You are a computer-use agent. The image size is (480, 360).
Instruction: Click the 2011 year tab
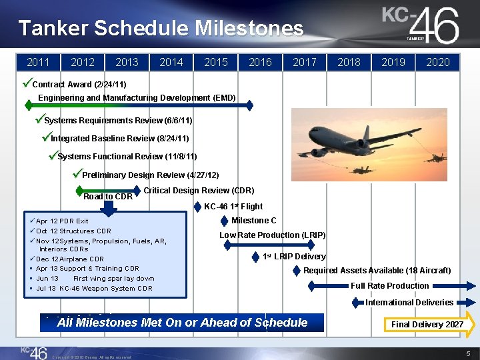click(x=38, y=62)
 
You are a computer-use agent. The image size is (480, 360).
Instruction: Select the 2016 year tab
click(x=260, y=62)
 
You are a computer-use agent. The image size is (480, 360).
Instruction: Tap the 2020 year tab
click(x=437, y=62)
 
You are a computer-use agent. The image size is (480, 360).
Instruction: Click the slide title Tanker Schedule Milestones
click(x=161, y=28)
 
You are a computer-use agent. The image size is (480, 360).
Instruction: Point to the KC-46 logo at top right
click(x=421, y=25)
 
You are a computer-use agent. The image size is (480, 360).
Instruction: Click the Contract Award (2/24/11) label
click(x=79, y=85)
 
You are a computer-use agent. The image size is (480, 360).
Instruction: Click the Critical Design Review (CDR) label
click(x=199, y=190)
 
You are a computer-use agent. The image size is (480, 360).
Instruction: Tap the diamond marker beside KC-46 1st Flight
click(x=197, y=207)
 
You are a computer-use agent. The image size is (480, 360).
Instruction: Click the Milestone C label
click(x=253, y=221)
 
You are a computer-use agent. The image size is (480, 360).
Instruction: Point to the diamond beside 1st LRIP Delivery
click(x=256, y=257)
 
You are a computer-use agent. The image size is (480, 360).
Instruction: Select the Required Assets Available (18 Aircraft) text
click(x=377, y=271)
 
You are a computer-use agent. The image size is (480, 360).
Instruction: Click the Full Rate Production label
click(x=389, y=286)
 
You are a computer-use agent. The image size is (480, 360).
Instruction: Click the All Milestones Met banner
click(x=182, y=323)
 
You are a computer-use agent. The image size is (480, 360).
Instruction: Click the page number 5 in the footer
click(x=469, y=353)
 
